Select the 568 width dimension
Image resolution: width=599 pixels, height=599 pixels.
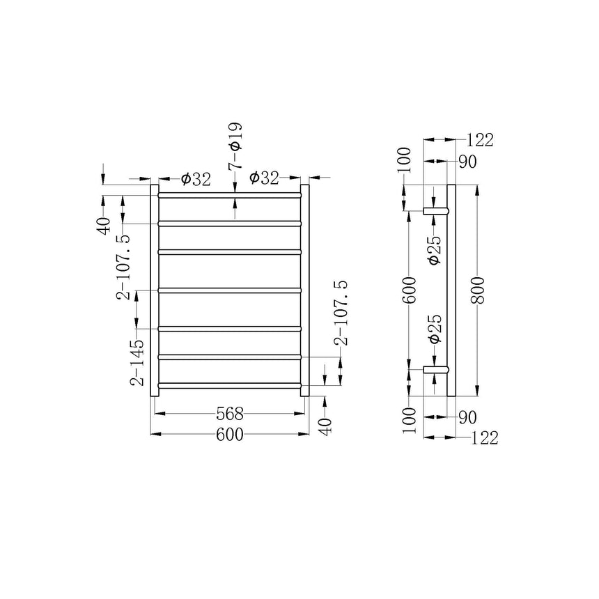[230, 413]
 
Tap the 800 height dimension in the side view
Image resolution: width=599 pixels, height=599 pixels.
[478, 290]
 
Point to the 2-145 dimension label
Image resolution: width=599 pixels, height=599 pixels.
[137, 362]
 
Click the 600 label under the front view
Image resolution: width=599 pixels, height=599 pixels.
[230, 435]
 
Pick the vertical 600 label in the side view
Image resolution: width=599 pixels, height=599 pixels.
[409, 290]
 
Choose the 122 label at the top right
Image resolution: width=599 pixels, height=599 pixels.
[480, 140]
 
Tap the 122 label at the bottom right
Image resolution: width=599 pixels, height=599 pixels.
[484, 438]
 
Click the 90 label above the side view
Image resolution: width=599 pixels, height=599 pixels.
[467, 162]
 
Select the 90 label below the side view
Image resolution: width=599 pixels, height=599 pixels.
[467, 417]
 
